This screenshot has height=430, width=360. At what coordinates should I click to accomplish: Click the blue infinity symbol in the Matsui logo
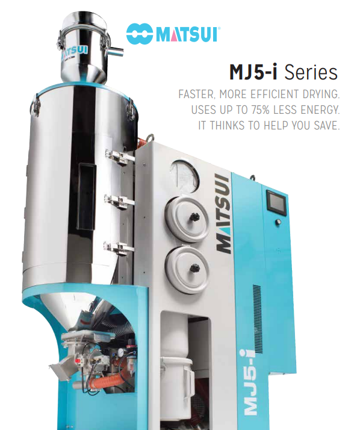click(x=140, y=34)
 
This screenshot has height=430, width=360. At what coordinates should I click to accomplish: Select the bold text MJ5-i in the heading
click(x=253, y=72)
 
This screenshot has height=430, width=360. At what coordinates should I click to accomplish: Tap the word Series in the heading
click(x=311, y=72)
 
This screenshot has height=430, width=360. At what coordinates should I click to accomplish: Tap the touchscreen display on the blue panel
click(x=276, y=202)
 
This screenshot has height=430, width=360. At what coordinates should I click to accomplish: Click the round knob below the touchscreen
click(x=279, y=221)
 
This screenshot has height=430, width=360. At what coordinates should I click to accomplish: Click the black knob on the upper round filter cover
click(x=194, y=217)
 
